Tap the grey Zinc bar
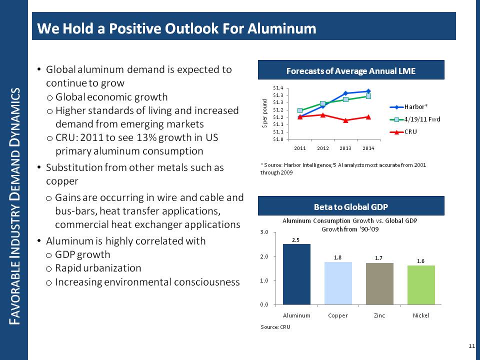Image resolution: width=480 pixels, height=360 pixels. tap(379, 283)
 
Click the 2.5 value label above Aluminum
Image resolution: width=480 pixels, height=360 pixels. tap(296, 239)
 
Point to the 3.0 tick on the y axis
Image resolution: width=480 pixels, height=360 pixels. tap(265, 232)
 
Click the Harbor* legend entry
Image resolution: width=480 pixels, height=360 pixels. tap(415, 106)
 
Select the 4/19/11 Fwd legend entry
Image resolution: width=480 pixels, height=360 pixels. tap(421, 119)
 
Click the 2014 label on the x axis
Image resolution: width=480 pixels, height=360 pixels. tap(368, 148)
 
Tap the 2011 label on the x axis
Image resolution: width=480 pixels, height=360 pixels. tap(299, 148)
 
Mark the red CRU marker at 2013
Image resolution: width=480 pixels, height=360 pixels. tap(345, 120)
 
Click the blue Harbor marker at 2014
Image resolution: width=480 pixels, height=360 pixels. tap(368, 91)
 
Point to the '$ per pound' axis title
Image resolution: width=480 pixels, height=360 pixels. tap(265, 113)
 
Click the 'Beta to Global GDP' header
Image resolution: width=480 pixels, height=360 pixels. tap(350, 206)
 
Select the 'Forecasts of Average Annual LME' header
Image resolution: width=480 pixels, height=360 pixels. tap(350, 71)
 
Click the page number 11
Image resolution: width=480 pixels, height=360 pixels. tap(471, 346)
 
